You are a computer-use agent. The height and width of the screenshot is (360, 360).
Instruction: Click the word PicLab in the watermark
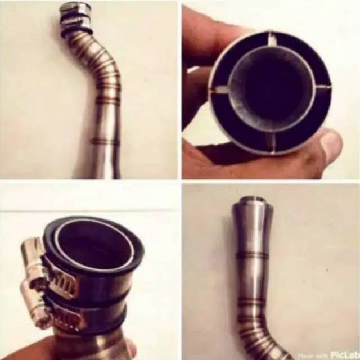click(343, 355)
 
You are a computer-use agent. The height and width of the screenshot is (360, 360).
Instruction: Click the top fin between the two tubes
click(272, 40)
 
